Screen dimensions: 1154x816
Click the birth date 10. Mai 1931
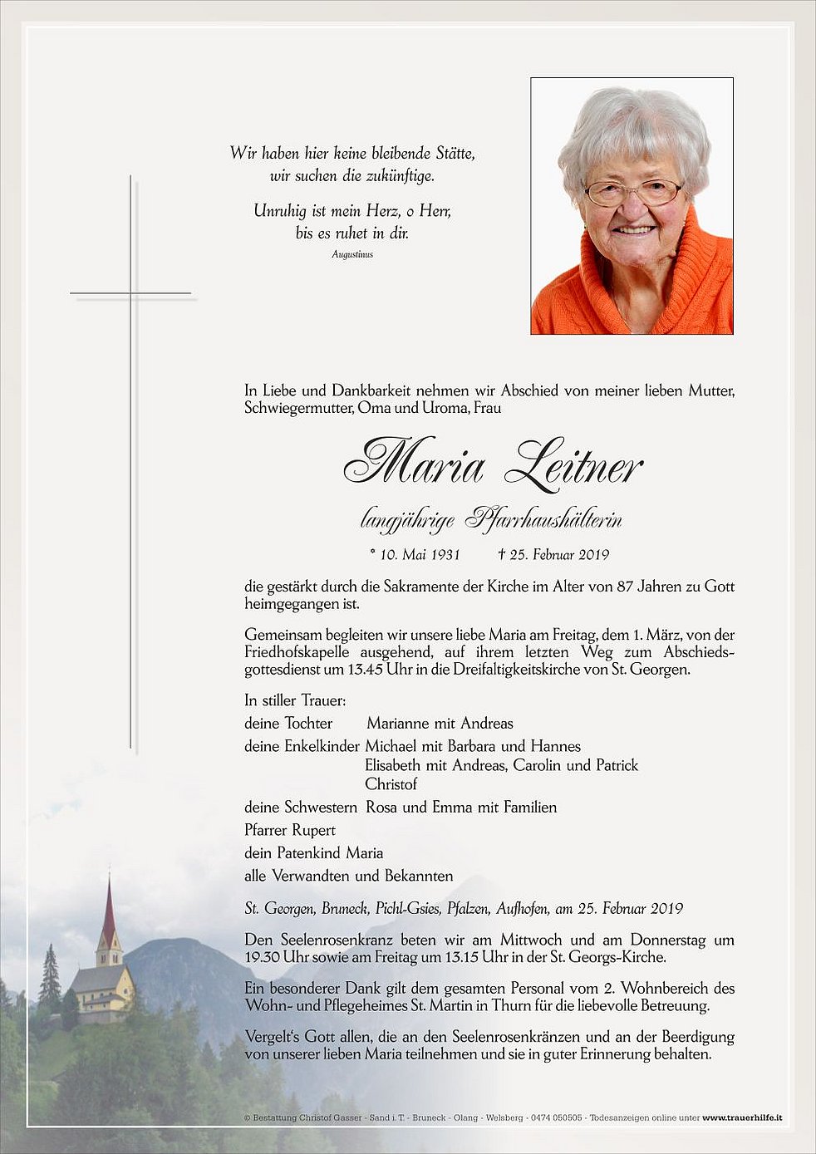[x=414, y=555]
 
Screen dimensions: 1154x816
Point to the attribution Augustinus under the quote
[x=352, y=254]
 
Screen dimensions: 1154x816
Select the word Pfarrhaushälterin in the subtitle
[x=543, y=520]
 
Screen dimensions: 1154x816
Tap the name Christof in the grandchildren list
[x=391, y=784]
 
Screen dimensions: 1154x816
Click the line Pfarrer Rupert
[x=290, y=830]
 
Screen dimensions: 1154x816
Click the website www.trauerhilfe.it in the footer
[x=742, y=1118]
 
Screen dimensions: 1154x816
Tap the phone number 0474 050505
[x=556, y=1118]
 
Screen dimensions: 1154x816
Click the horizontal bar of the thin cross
[x=130, y=293]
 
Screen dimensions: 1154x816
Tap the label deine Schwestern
[x=301, y=808]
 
